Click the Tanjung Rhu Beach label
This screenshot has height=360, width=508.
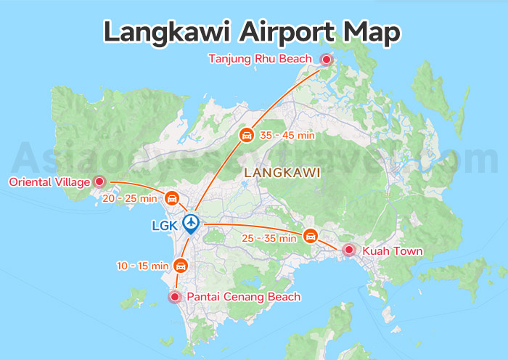tap(260, 59)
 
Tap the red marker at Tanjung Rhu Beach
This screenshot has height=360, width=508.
tap(327, 60)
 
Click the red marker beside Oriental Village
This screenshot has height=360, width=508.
tap(100, 182)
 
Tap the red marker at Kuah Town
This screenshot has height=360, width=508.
tap(349, 250)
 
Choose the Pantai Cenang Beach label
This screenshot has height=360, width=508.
tap(244, 297)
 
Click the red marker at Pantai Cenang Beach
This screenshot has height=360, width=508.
tap(174, 296)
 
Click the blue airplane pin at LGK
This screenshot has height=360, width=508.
tap(191, 222)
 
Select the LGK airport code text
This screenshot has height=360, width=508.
tap(164, 225)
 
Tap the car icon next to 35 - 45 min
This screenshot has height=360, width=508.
tap(247, 135)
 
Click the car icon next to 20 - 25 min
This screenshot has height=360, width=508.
tap(172, 198)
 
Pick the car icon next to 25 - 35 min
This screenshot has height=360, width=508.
tap(311, 236)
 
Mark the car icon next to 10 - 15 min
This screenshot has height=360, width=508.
tap(181, 266)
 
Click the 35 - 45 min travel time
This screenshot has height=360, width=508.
tap(287, 135)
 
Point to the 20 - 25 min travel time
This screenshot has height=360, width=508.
tap(129, 198)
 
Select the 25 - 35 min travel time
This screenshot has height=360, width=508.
tap(269, 237)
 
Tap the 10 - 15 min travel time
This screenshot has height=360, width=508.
tap(143, 266)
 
